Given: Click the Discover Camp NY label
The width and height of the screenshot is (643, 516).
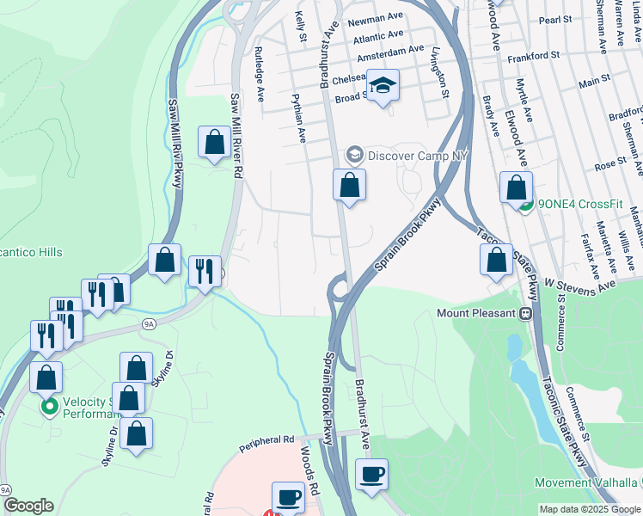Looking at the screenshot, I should tap(415, 156).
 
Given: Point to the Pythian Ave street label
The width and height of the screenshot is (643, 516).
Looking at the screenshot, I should tap(298, 118).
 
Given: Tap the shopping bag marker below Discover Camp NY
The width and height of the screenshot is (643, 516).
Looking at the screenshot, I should tap(350, 185).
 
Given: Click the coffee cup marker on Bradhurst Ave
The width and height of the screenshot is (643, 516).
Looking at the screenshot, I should tap(371, 475).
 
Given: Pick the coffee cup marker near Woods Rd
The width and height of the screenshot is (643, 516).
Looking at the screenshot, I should tap(289, 497).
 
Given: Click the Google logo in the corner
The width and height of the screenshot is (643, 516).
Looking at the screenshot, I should tap(28, 506).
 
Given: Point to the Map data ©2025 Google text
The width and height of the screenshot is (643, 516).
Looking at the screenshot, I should tap(590, 509).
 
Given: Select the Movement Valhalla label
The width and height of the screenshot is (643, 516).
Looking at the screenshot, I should tap(588, 482).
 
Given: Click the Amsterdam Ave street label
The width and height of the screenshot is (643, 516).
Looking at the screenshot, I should tap(391, 53).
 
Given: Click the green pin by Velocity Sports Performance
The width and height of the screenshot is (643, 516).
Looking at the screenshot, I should tap(50, 405).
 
